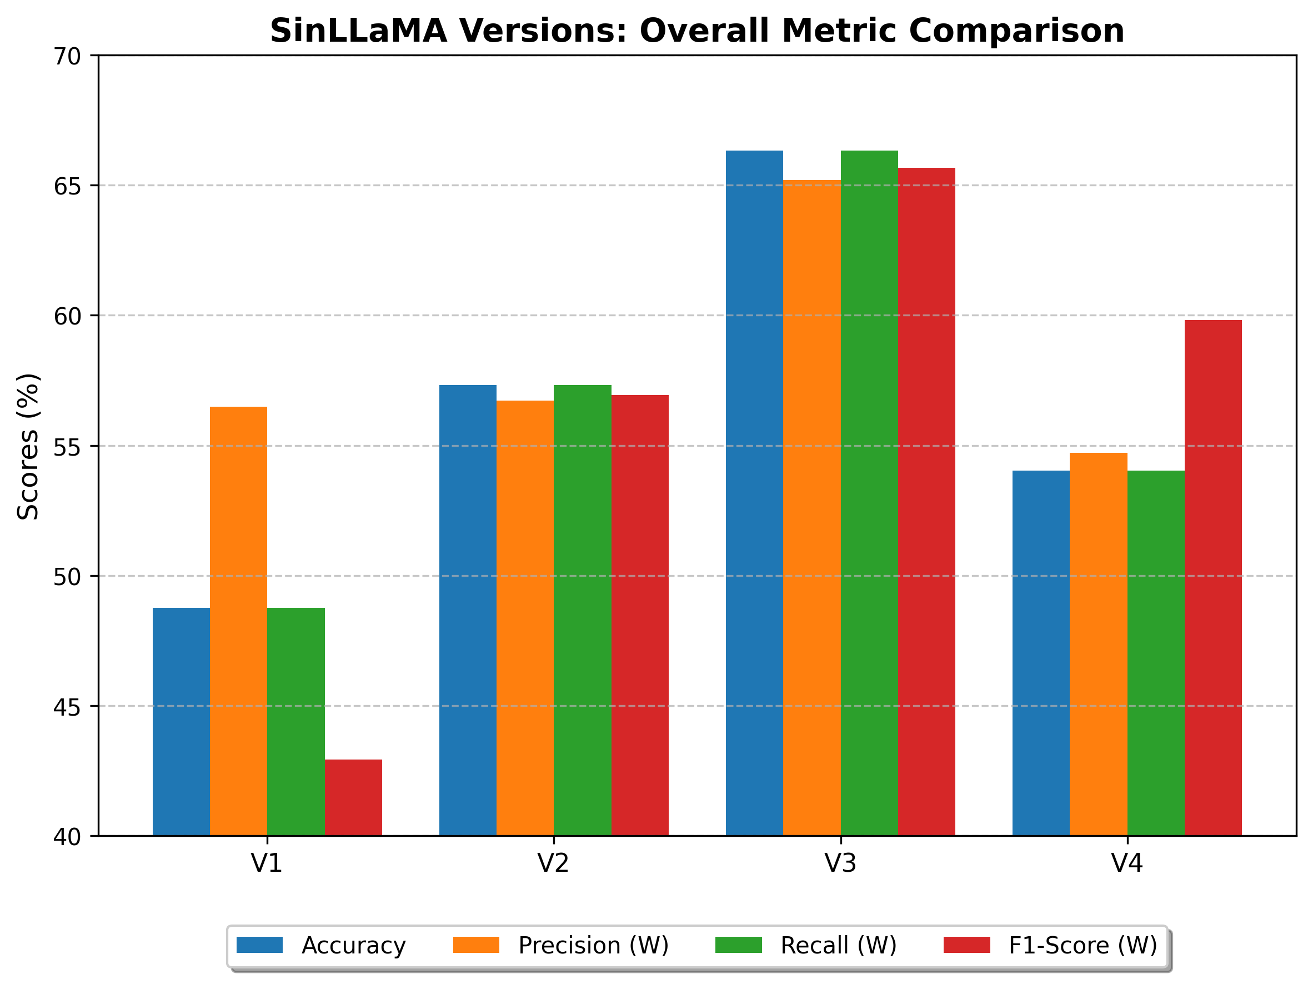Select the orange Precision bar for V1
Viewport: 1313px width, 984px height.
tap(239, 621)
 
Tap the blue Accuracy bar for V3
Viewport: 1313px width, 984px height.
tap(754, 493)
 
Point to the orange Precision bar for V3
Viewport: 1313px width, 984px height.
tap(812, 508)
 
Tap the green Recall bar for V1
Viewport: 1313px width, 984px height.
tap(295, 722)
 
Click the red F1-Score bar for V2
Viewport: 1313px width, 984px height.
tap(640, 615)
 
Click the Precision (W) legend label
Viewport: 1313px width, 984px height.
tap(594, 946)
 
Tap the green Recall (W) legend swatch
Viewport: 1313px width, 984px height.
tap(738, 945)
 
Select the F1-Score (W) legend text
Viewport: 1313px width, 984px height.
tap(1083, 946)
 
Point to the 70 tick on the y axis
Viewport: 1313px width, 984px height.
tap(67, 57)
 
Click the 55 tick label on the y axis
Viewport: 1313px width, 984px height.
tap(67, 447)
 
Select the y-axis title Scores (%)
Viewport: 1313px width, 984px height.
tap(28, 447)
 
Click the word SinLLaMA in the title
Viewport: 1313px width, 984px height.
tap(359, 31)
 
